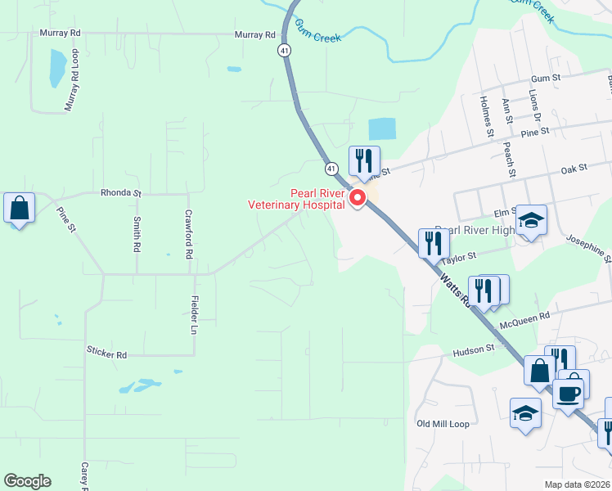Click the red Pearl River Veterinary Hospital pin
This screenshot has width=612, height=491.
point(357,198)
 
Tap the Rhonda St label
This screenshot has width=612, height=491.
point(121,194)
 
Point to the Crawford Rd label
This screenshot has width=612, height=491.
point(187,233)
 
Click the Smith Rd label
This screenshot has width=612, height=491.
point(136,233)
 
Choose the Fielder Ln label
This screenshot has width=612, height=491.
point(195,315)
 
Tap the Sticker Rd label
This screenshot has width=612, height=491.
point(106,355)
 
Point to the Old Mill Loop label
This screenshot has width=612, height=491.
point(443,424)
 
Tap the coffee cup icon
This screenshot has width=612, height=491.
point(569,394)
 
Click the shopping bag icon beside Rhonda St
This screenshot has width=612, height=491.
point(20,208)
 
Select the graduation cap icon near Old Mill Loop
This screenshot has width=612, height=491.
point(525,413)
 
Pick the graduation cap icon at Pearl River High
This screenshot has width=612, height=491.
point(531,220)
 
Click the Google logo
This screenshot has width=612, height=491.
point(27,481)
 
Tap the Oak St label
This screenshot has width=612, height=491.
point(575,168)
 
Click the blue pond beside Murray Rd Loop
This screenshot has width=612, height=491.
point(56,68)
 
